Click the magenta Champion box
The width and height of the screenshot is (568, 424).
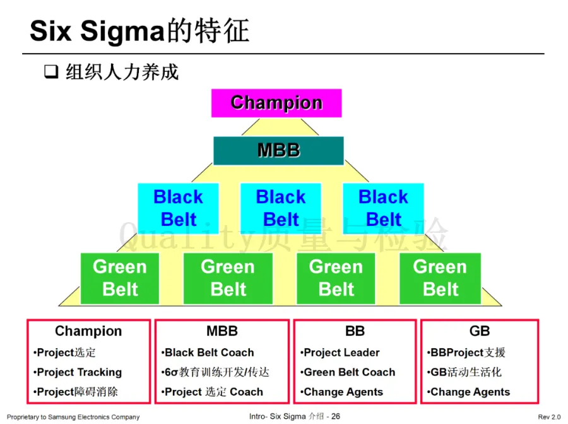(x=276, y=103)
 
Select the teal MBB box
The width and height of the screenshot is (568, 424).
(x=278, y=150)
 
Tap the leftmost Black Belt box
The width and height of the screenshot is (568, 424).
(x=179, y=208)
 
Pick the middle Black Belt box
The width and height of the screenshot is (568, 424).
(x=281, y=208)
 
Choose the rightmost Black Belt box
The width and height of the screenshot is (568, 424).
(x=383, y=208)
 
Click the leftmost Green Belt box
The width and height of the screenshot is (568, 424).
(x=120, y=278)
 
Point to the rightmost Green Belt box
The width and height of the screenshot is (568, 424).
(x=440, y=278)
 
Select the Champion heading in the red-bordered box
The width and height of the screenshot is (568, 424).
(x=88, y=331)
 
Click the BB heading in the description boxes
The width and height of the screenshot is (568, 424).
(x=355, y=331)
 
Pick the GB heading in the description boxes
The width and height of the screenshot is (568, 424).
(x=480, y=331)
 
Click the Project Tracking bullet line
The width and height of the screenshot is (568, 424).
(x=78, y=372)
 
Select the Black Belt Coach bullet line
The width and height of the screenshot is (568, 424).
(x=208, y=353)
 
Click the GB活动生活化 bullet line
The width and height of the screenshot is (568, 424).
(x=466, y=372)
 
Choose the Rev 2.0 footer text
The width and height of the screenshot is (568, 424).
(x=549, y=417)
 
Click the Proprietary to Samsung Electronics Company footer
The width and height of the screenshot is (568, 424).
(x=73, y=417)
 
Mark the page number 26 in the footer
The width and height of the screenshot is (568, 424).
(x=336, y=416)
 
